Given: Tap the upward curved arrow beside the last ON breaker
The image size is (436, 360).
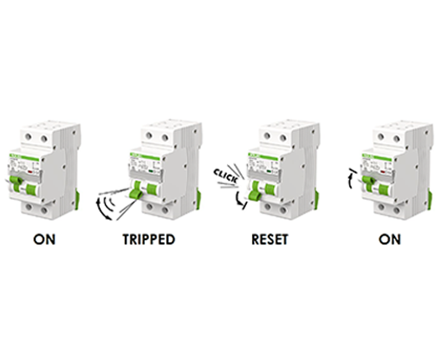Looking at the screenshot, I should pyautogui.click(x=350, y=178).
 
